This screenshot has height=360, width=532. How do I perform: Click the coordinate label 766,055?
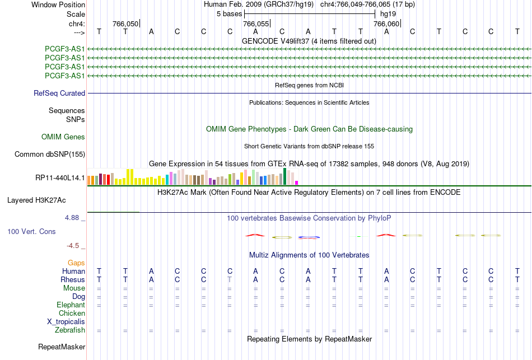(x=256, y=24)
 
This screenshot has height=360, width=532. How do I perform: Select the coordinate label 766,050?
(x=125, y=24)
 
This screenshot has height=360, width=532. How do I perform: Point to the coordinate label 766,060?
(x=386, y=24)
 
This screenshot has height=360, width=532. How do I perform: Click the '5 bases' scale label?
(x=230, y=14)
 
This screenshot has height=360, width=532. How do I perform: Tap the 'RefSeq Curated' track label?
(x=59, y=93)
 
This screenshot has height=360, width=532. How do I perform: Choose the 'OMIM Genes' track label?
(x=63, y=137)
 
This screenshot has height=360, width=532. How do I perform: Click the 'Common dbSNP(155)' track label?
(x=50, y=155)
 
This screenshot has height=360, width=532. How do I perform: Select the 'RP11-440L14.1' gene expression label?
(x=60, y=178)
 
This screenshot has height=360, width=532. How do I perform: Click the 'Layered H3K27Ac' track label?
(x=36, y=200)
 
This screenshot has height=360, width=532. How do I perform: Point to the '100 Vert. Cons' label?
(x=31, y=231)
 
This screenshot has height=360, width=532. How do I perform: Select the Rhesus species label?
(x=73, y=279)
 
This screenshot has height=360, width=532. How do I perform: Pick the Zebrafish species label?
(x=70, y=330)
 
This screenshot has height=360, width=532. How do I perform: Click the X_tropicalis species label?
(x=66, y=322)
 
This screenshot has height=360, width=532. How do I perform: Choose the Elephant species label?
(x=71, y=305)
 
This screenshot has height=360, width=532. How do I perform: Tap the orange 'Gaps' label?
(x=76, y=263)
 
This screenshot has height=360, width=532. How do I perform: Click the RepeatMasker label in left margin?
(x=62, y=347)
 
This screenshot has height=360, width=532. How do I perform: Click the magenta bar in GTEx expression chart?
(x=297, y=183)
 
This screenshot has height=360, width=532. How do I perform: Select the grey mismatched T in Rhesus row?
(x=230, y=279)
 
